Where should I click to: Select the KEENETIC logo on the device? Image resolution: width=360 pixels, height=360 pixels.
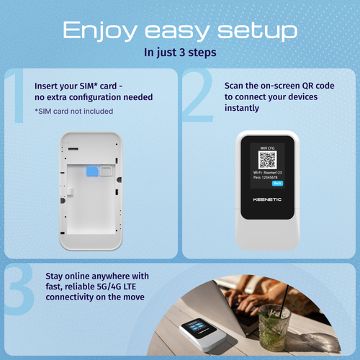tap(269, 199)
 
